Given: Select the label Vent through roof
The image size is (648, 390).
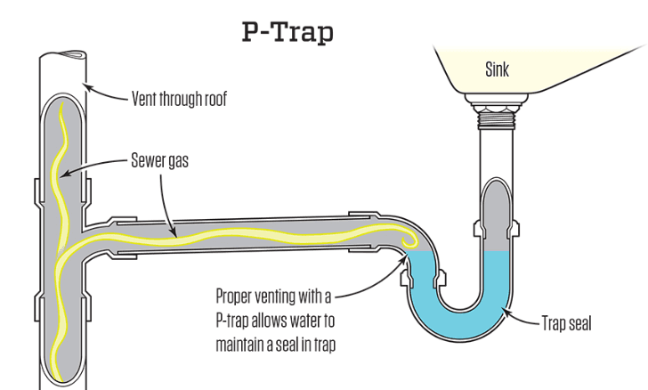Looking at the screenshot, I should (x=179, y=98).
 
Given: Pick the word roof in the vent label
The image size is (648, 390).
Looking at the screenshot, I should (x=214, y=98).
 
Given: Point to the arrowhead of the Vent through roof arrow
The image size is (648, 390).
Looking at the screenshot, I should (x=85, y=85).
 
